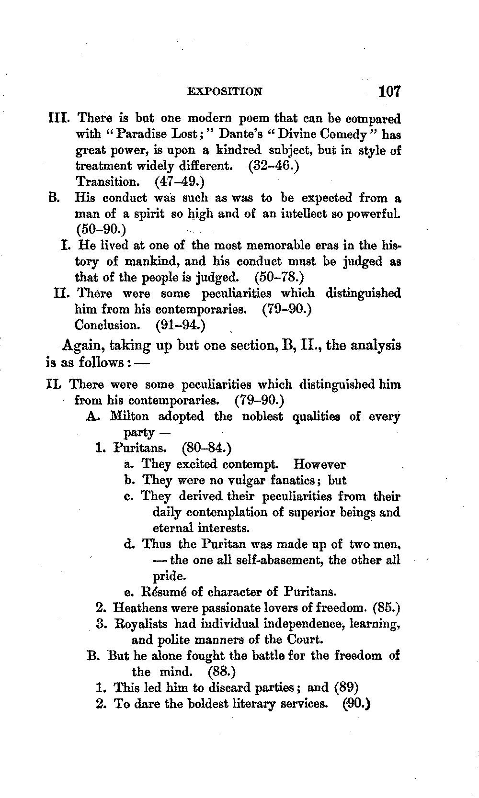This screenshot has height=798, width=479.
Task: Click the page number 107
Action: [x=388, y=91]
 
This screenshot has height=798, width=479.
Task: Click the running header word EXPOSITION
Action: [x=225, y=91]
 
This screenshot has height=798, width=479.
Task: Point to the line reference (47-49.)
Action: [x=180, y=182]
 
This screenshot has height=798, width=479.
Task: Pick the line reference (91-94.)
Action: [x=181, y=326]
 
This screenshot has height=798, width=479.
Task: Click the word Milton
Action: [x=129, y=416]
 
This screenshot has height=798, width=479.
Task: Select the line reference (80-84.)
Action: [x=207, y=449]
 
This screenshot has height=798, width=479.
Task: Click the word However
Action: [x=319, y=464]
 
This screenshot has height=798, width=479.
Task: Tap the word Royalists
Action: [x=141, y=624]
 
